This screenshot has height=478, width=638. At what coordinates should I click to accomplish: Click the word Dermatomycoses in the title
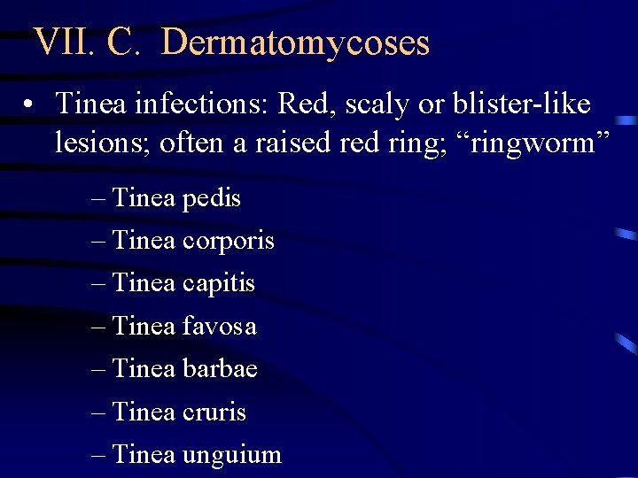tap(296, 42)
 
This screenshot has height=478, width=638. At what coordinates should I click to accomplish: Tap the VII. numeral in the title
tap(61, 42)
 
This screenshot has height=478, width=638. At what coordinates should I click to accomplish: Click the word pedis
tap(211, 198)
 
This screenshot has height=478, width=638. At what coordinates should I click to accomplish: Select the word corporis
tap(228, 241)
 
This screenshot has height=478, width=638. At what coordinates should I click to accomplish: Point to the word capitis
tap(218, 284)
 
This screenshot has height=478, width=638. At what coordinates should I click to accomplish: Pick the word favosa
tap(219, 327)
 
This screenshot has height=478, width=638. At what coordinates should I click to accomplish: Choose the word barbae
tap(220, 369)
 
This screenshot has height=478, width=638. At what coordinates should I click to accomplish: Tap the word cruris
tap(214, 412)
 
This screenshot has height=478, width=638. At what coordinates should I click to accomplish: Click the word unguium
tap(231, 455)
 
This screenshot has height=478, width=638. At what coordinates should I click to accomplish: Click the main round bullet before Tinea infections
tap(30, 105)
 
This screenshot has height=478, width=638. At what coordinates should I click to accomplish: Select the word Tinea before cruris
tap(144, 412)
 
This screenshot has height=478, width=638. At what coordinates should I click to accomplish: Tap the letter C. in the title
tap(120, 42)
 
